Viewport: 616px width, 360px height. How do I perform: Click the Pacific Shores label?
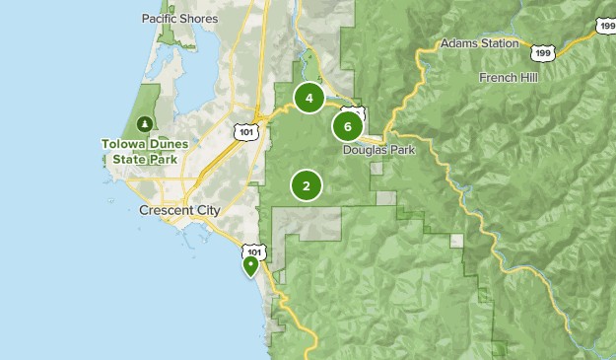point(179,18)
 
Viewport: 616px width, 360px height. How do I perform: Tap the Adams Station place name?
point(479,43)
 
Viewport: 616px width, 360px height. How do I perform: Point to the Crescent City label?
point(179,211)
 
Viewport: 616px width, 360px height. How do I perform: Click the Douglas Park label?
point(378,150)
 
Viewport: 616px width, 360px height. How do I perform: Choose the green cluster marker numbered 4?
point(309,98)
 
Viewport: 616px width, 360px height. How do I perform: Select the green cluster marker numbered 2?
point(307,184)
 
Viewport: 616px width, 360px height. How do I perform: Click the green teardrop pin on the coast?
point(250,264)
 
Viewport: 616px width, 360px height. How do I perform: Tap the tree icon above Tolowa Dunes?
point(145,123)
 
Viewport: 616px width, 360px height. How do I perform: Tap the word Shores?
point(200,18)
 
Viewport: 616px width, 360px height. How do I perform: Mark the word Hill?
point(531,77)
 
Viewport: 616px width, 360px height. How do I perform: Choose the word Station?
point(498,43)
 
